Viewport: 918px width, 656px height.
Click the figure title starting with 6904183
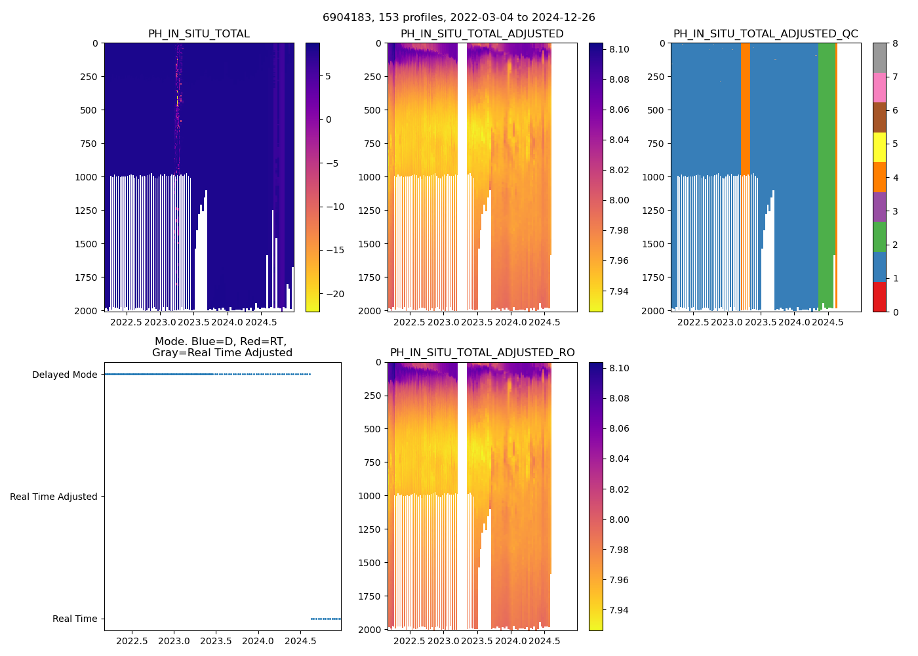coord(459,18)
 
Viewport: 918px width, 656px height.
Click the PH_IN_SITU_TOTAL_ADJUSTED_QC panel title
coord(765,34)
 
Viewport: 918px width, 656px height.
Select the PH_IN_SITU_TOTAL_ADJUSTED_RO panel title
coord(482,353)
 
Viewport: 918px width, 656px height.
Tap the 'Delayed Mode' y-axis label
coord(64,375)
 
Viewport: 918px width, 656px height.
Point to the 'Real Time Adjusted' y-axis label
coord(53,497)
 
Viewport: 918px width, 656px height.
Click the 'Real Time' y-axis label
coord(75,619)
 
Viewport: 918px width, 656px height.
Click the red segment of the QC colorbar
coord(879,297)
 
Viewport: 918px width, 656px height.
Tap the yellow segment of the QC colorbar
coord(879,148)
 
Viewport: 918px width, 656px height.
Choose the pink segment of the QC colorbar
coord(879,88)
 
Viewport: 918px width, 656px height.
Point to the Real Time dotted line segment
coord(325,619)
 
